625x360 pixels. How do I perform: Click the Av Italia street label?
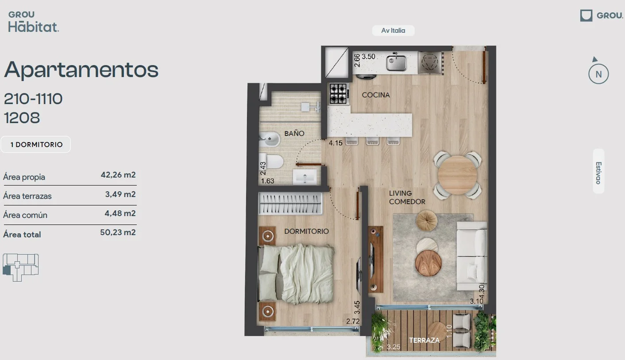point(393,31)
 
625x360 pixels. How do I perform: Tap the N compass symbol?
point(598,74)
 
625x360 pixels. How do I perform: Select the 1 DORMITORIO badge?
point(36,144)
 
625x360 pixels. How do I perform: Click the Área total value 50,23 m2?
point(118,232)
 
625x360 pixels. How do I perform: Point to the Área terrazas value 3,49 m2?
point(120,194)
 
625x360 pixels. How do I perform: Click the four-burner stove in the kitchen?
point(339,94)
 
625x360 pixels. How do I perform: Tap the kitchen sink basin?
point(397,63)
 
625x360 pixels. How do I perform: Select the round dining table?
point(458,175)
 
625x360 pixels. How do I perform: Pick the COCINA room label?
point(376,95)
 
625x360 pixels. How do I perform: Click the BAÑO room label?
point(294,133)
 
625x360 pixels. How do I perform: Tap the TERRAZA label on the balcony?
point(424,340)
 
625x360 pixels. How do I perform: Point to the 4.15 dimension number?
point(336,143)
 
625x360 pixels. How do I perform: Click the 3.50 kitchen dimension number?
point(368,57)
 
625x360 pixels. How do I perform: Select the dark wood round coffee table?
point(428,263)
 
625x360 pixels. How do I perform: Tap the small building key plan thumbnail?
point(21,267)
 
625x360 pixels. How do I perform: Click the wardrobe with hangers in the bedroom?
point(290,203)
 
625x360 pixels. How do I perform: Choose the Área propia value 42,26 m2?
point(118,175)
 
